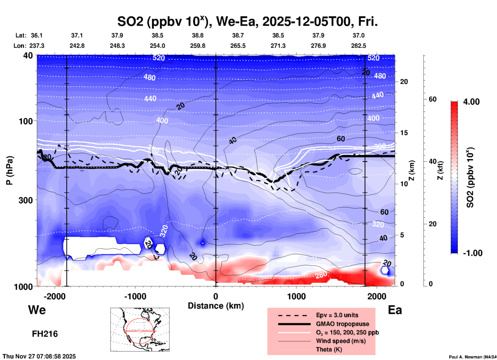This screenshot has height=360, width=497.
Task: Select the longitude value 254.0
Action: click(157, 46)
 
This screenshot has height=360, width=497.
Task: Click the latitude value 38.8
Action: click(198, 35)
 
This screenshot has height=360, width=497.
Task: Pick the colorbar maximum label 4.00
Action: click(471, 101)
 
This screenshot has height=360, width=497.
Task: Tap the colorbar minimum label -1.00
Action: click(472, 253)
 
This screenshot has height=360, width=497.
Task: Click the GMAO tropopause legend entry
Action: click(342, 324)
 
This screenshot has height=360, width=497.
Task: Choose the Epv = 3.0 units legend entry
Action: click(337, 315)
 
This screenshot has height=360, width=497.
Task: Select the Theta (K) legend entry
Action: click(329, 349)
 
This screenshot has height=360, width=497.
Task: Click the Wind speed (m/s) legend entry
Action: click(341, 341)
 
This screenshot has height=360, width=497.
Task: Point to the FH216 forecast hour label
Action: click(45, 334)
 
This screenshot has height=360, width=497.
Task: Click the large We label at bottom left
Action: click(37, 310)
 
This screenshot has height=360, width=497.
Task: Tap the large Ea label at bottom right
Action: click(395, 310)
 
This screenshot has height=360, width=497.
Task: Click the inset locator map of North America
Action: click(140, 329)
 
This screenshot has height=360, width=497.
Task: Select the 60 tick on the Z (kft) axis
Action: click(432, 99)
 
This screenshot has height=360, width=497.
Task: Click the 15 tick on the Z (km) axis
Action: click(404, 133)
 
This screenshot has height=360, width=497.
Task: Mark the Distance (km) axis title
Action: click(216, 306)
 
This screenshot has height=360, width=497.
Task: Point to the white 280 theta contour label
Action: click(321, 275)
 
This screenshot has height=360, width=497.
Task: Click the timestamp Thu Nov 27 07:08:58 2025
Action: click(39, 356)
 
